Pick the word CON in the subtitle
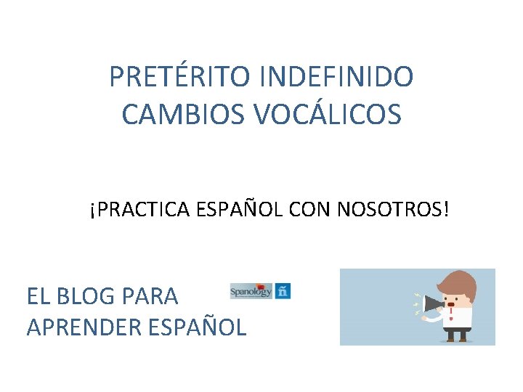pos(310,210)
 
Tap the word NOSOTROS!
pos(393,210)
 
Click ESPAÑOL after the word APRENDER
pos(197,327)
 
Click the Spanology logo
pos(251,291)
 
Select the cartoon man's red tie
pos(452,318)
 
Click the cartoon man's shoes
pos(457,338)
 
